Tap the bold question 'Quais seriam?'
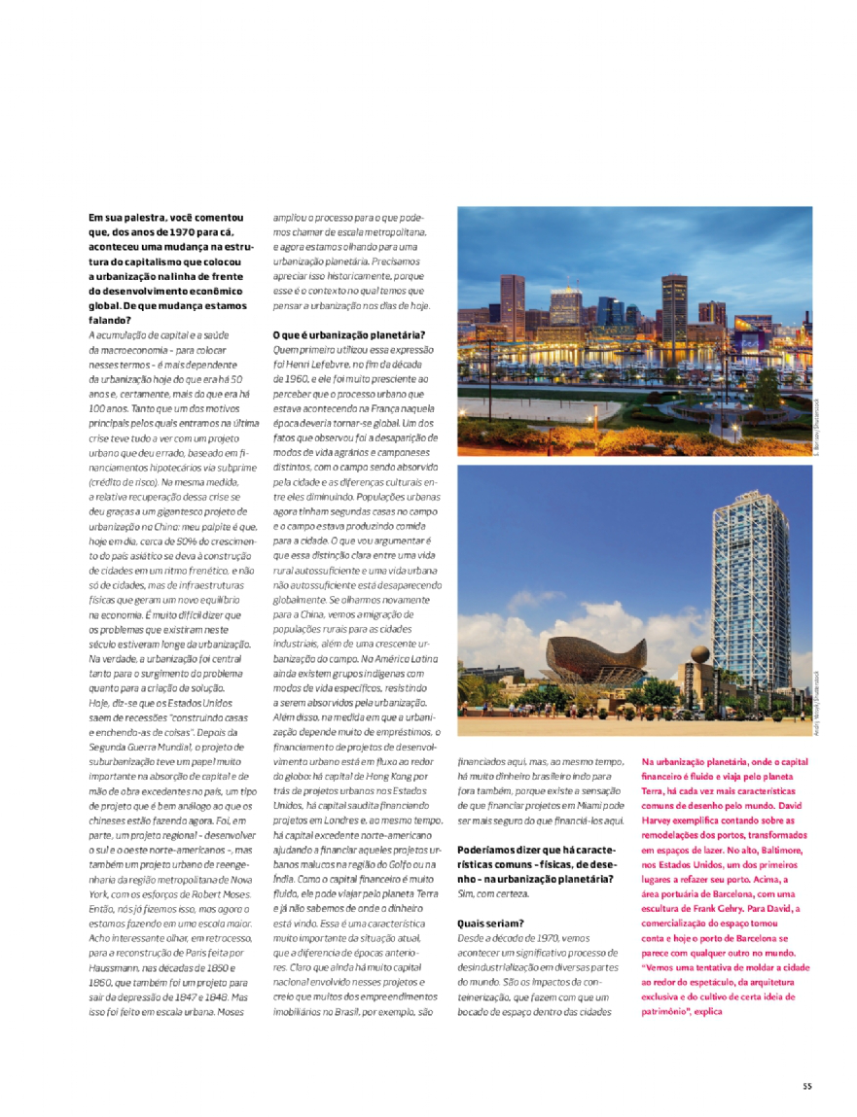(x=490, y=923)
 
